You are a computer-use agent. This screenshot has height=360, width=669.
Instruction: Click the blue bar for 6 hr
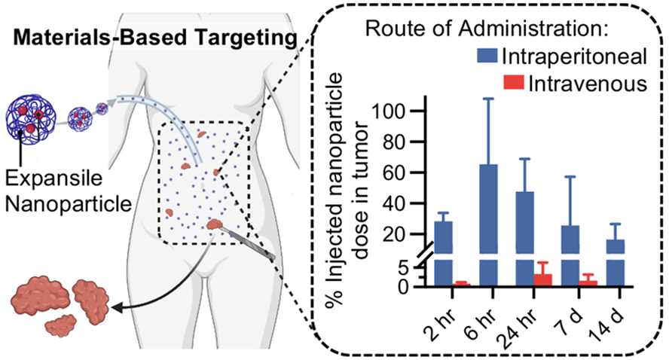488,224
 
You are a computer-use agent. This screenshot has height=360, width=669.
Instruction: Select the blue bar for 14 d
616,262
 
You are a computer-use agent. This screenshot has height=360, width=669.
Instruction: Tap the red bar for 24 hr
542,280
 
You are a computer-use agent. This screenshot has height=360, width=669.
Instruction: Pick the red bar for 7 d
588,283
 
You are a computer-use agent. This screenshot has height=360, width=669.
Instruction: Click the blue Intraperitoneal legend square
487,56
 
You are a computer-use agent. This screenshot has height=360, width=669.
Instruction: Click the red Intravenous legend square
514,82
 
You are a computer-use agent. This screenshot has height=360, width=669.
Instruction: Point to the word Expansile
53,178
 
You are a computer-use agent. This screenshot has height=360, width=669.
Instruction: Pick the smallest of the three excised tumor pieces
60,326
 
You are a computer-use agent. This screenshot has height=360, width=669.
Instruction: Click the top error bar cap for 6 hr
488,99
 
